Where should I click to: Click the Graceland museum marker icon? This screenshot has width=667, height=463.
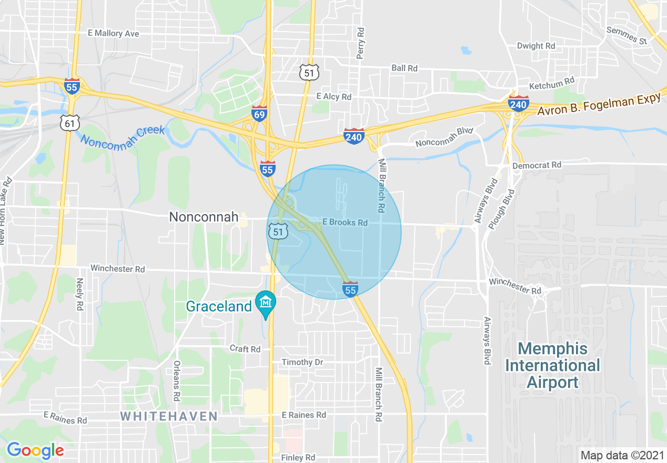pos(266,303)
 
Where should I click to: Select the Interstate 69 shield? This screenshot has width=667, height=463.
pos(259,114)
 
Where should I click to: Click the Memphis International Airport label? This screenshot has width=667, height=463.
pos(553,365)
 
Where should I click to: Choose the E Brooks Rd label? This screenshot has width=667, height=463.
pos(345,223)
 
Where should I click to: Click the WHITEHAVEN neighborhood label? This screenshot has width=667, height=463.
pos(169,417)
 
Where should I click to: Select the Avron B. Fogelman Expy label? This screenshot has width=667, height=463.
pos(599,105)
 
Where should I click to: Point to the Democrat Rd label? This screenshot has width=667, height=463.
pos(537,165)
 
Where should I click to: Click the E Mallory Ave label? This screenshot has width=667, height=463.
pos(114,33)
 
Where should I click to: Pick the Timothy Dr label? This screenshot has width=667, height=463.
pos(302,363)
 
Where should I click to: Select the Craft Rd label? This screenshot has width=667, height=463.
pos(245,349)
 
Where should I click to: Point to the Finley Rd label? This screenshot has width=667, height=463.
pos(298,458)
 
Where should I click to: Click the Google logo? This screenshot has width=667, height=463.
pos(35,450)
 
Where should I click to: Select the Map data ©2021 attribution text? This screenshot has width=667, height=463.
pos(621,455)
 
